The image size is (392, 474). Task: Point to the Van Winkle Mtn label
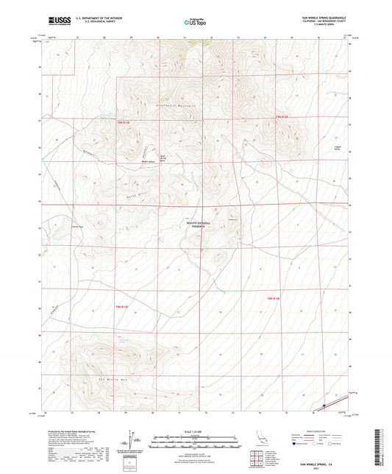(x=111, y=377)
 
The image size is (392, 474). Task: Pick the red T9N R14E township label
(x=282, y=116)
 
